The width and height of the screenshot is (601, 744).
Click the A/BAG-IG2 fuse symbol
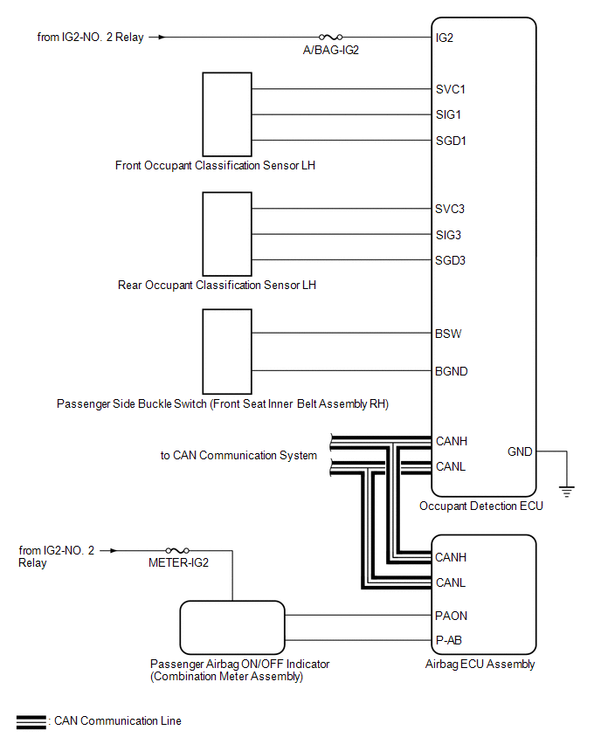(331, 38)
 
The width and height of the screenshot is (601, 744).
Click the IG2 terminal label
(444, 38)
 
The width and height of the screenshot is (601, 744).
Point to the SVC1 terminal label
(450, 89)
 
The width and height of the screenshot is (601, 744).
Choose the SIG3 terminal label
(448, 235)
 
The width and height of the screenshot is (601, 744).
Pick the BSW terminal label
(448, 334)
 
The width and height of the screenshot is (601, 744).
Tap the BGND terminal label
(452, 371)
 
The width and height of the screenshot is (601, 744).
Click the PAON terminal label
(451, 616)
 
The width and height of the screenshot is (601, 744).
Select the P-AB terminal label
(449, 640)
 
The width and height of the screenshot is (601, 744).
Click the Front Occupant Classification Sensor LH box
(226, 114)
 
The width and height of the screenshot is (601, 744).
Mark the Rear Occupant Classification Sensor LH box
(226, 234)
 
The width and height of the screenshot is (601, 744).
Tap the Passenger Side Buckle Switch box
(226, 351)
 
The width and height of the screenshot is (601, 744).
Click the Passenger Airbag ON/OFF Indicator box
(232, 628)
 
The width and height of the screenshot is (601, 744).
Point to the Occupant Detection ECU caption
(481, 506)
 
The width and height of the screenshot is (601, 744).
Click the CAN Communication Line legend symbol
(31, 721)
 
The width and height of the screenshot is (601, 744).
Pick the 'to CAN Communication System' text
(238, 455)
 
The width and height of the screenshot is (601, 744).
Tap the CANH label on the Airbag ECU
(451, 557)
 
